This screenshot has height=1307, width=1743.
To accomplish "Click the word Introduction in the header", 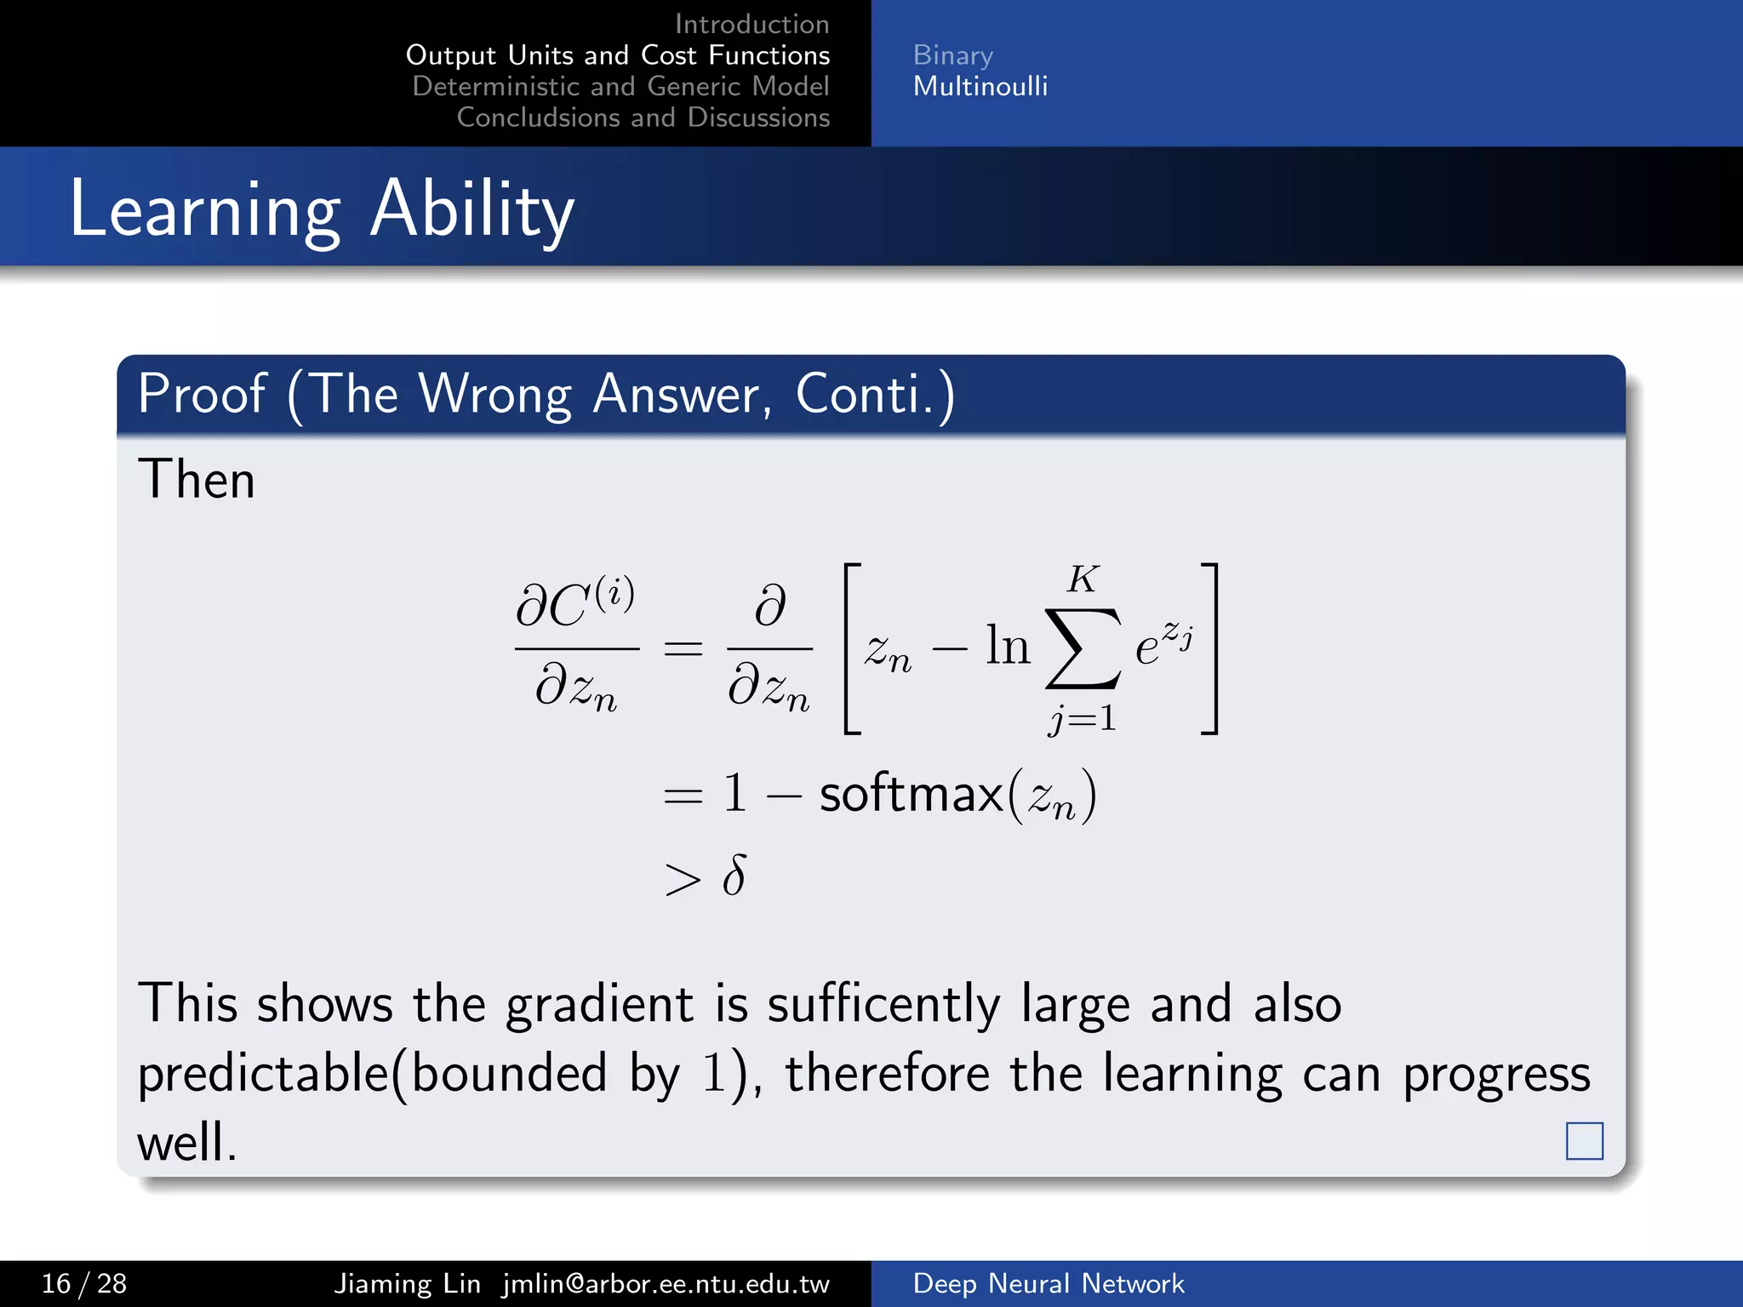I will [x=751, y=24].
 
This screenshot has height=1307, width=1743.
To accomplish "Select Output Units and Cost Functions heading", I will [x=618, y=55].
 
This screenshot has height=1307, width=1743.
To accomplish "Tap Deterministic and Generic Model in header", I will [x=620, y=86].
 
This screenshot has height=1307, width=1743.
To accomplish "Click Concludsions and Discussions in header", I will [x=643, y=117].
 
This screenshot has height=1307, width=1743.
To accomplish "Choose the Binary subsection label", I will [x=952, y=55].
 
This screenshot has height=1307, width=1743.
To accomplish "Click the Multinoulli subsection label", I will [x=980, y=86].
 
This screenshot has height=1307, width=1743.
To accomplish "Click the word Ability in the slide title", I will [x=472, y=210].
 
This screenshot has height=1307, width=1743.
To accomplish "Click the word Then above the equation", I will [x=197, y=479].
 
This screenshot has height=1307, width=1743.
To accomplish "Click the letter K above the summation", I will [x=1083, y=579].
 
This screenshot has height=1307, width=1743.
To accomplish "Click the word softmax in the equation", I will [x=912, y=795].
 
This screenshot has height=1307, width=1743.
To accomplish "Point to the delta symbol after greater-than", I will [x=734, y=876].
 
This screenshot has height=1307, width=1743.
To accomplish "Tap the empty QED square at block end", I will [x=1584, y=1141].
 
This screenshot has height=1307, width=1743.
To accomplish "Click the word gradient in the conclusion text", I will [x=599, y=1005].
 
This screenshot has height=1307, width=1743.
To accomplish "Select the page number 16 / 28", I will [x=84, y=1283].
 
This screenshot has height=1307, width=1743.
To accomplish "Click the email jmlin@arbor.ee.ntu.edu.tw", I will [x=666, y=1283].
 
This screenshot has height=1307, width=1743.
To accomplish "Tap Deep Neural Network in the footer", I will [x=1048, y=1283].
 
